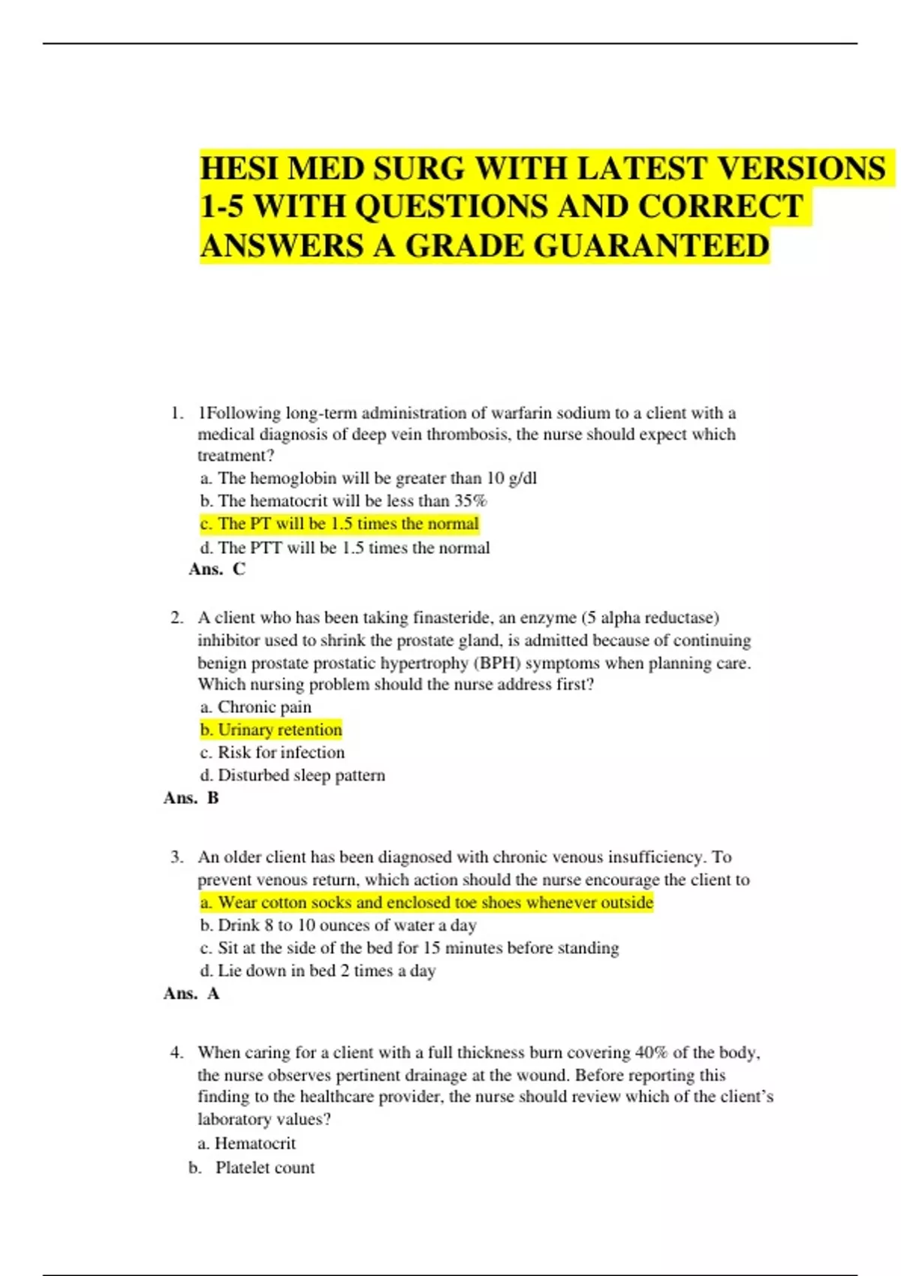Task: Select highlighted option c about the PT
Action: (x=339, y=524)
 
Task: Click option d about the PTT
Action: (x=345, y=548)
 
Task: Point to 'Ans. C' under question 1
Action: (x=217, y=569)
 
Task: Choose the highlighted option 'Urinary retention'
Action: (x=271, y=730)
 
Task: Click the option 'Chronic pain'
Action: (x=256, y=707)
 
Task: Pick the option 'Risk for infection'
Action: (x=273, y=752)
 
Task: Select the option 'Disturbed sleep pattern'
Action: (x=293, y=775)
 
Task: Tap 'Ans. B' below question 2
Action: (x=191, y=798)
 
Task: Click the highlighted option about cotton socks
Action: (x=426, y=902)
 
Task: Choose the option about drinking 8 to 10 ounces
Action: (x=339, y=925)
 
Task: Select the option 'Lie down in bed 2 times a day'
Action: (x=318, y=971)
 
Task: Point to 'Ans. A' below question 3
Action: (x=191, y=994)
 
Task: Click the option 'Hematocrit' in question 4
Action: (x=247, y=1143)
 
